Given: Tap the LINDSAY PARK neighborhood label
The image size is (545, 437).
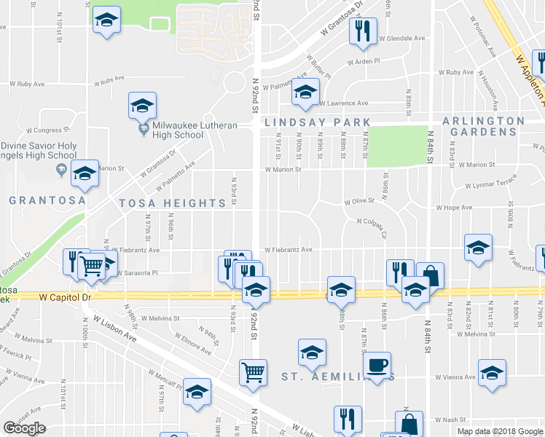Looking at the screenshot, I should (x=317, y=122).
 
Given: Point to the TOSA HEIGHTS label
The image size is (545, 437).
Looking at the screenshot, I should (x=173, y=203).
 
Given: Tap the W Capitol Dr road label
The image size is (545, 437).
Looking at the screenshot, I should (x=65, y=297).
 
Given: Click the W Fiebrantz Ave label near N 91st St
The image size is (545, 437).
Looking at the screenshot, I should (x=288, y=249).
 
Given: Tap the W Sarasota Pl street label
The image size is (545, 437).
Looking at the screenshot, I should (x=138, y=273).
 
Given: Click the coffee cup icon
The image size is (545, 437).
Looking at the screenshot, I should (x=377, y=365).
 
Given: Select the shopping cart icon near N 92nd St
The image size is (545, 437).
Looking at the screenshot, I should (x=253, y=371).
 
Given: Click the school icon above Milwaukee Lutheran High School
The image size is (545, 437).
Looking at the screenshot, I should (x=142, y=106).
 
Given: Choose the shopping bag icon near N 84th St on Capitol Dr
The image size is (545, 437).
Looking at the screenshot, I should (x=430, y=275).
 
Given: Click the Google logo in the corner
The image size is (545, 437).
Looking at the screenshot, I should (x=24, y=429).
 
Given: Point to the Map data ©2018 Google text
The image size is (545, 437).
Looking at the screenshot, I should (x=500, y=431).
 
